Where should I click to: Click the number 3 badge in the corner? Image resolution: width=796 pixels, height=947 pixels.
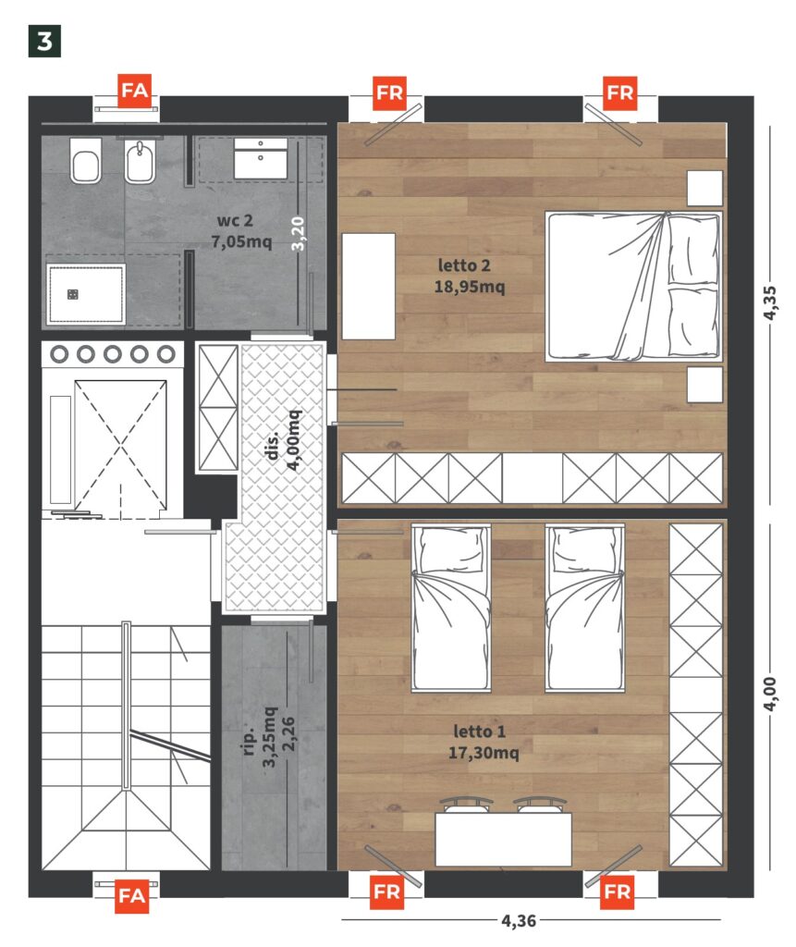tap(44, 41)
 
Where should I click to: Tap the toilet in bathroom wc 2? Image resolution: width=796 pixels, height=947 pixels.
tap(86, 161)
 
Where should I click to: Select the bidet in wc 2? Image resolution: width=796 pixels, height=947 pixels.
tap(141, 161)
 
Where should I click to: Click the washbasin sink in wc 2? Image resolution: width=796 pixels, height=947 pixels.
tap(261, 158)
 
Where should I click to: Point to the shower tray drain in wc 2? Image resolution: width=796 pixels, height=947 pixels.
tap(72, 294)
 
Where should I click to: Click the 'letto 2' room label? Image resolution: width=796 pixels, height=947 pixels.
tap(464, 265)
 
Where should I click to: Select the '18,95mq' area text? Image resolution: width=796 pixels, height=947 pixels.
tap(470, 287)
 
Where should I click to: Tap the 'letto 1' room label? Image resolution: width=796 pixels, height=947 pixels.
tap(479, 732)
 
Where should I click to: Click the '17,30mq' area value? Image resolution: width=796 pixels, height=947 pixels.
tap(484, 753)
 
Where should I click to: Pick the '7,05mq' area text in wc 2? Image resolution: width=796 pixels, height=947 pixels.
tap(241, 241)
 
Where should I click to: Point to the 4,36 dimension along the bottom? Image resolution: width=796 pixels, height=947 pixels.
tap(518, 920)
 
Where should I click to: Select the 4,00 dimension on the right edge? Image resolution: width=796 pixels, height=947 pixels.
tap(770, 694)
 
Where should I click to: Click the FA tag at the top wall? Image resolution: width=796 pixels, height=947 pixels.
tap(134, 91)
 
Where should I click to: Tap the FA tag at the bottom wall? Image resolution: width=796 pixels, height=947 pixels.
tap(131, 895)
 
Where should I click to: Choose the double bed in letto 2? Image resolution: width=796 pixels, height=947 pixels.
tap(633, 287)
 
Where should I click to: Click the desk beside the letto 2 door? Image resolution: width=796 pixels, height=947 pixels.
tap(368, 287)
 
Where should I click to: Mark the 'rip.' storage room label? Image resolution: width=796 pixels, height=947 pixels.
tap(248, 741)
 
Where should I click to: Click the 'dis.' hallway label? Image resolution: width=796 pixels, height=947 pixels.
tap(272, 445)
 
